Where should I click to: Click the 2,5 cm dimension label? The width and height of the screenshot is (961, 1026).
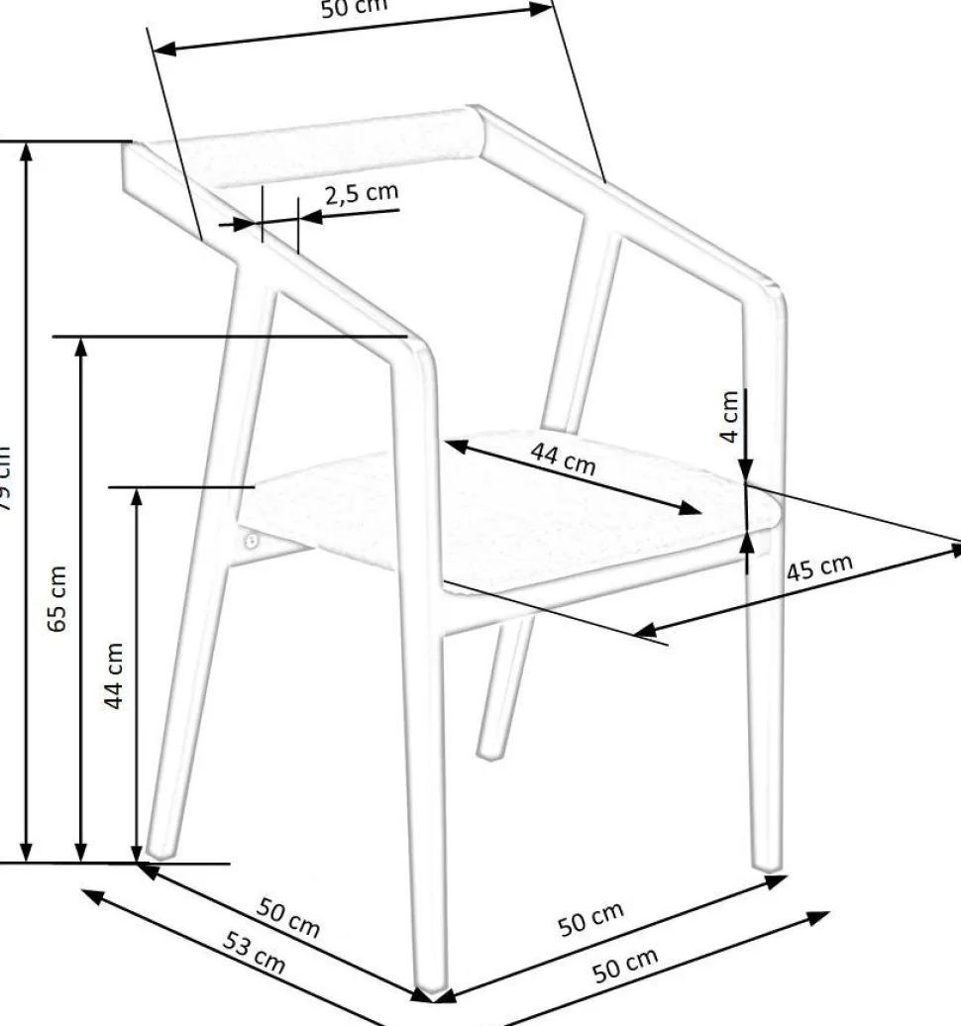pyautogui.click(x=362, y=193)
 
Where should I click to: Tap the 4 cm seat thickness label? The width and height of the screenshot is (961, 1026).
pyautogui.click(x=730, y=417)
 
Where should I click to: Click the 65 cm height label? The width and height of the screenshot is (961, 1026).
pyautogui.click(x=58, y=598)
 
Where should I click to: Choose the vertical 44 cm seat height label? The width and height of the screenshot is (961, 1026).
pyautogui.click(x=115, y=674)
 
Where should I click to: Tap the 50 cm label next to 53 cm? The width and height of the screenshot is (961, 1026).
pyautogui.click(x=288, y=917)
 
